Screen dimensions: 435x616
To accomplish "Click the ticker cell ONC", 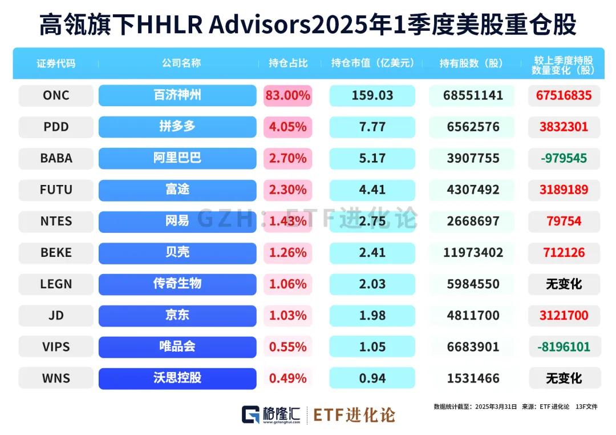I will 56,95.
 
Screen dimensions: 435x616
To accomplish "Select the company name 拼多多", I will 177,127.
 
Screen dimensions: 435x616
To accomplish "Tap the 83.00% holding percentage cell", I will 288,95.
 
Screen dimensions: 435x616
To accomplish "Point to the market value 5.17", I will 372,158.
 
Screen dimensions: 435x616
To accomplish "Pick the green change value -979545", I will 564,158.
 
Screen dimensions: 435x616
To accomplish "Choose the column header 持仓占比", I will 288,63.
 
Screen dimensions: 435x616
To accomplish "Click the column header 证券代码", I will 56,63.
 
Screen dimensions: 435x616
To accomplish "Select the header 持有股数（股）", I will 472,63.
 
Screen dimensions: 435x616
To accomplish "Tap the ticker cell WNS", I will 56,378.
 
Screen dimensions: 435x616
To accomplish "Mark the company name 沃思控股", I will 177,378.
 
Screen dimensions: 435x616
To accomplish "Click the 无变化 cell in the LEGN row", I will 564,284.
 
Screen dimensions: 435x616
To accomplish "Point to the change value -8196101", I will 564,347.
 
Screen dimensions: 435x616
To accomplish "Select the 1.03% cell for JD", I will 288,315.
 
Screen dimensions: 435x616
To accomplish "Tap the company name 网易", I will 177,221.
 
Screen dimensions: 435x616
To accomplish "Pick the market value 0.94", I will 372,378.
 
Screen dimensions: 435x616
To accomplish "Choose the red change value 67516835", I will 564,95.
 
